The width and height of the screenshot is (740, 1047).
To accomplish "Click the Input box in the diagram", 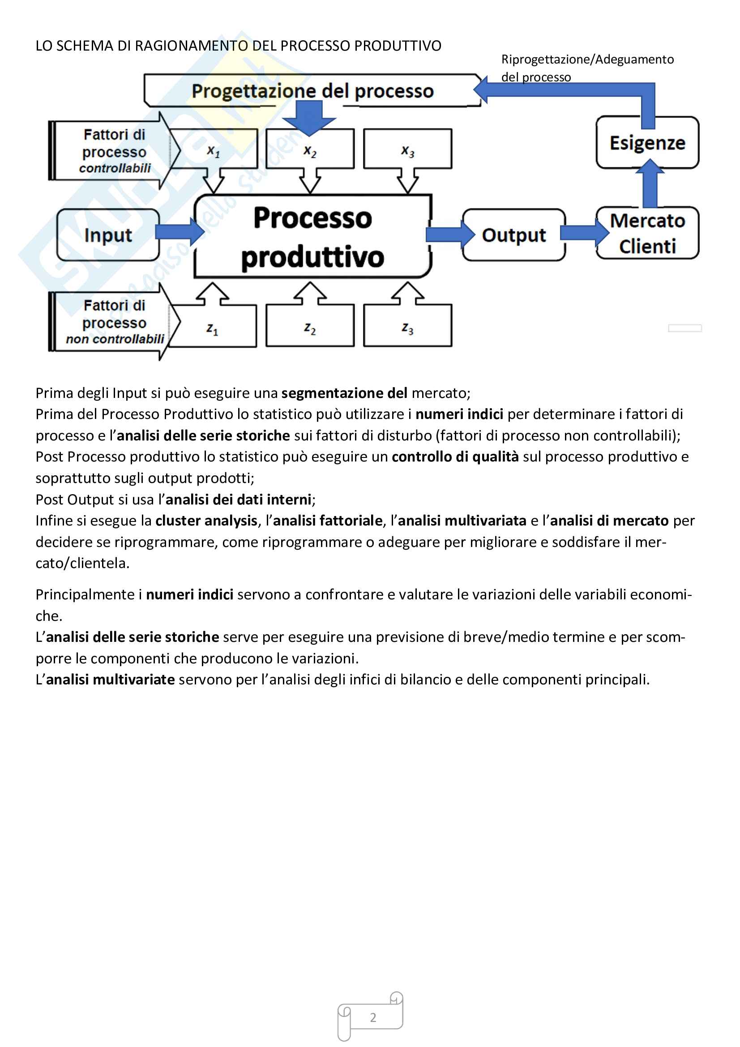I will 108,235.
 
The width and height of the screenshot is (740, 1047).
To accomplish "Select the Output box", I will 514,235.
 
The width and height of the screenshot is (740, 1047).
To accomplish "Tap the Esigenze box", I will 647,143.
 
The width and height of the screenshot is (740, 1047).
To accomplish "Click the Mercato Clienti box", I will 647,234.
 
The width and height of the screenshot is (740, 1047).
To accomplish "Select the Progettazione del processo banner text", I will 312,91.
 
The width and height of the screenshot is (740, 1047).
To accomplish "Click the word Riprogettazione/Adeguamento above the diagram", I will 587,59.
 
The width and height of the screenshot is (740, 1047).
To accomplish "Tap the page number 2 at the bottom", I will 373,1017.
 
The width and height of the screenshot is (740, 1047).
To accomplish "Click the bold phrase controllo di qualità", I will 454,457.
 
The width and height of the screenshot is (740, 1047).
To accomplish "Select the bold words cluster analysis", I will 206,520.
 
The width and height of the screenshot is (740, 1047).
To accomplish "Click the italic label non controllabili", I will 115,339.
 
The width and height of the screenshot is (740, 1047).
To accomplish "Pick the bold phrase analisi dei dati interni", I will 239,500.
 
